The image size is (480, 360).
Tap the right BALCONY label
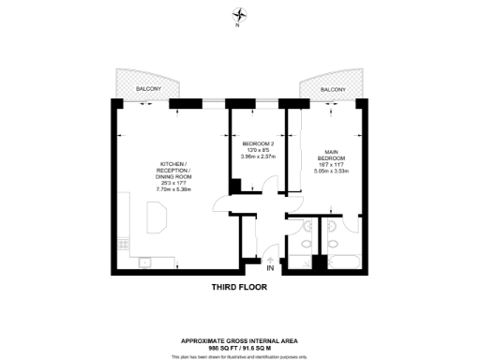point(332,89)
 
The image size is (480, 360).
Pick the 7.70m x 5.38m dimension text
point(173,188)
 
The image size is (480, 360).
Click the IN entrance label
point(270,269)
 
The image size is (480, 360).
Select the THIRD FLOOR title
point(240,290)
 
